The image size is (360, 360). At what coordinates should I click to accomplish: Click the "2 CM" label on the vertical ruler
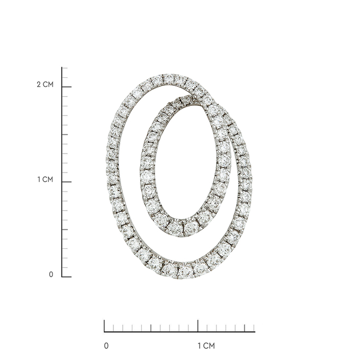(x=45, y=85)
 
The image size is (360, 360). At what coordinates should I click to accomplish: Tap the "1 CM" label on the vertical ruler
(x=45, y=179)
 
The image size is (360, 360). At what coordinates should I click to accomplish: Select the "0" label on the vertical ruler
(x=51, y=274)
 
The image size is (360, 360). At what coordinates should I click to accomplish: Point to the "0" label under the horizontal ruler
(x=106, y=346)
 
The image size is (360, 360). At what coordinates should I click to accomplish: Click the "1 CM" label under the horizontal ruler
(x=206, y=346)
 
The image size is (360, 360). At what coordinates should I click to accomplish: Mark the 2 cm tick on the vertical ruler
(x=67, y=87)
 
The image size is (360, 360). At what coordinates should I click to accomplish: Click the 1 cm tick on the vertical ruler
(x=67, y=182)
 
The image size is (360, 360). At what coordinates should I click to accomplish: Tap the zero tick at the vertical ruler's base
(x=67, y=277)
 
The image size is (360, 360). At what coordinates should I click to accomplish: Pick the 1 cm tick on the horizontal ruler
(x=198, y=326)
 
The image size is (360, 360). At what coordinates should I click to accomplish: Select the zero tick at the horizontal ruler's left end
(x=104, y=326)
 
